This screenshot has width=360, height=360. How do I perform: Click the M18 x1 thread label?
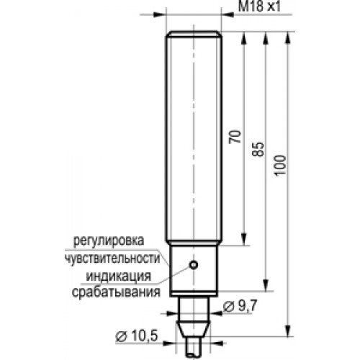coord(259,6)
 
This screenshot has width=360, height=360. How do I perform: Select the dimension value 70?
coord(235,137)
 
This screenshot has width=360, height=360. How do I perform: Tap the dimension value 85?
coord(258,150)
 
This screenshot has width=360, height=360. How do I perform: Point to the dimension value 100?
coord(281,166)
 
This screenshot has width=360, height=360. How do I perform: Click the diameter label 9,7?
coord(240,305)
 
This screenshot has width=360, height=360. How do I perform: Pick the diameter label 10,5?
coord(137,336)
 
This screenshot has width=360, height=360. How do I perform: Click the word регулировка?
coord(109,240)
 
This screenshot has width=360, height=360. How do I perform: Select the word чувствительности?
coord(112,258)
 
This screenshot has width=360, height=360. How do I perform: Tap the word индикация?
coord(119,276)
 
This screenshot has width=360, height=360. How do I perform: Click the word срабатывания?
coord(116,292)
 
